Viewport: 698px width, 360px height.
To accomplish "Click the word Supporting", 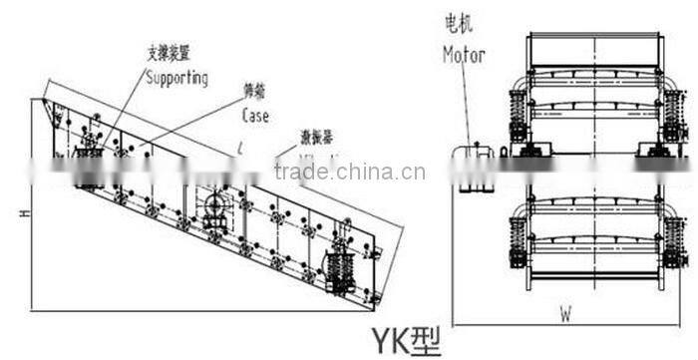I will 177,78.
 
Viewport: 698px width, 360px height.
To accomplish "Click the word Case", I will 255,115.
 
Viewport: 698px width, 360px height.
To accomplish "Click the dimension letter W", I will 565,313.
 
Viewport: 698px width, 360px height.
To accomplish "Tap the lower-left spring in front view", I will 517,240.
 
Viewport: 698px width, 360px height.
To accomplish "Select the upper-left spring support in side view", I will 86,165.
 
